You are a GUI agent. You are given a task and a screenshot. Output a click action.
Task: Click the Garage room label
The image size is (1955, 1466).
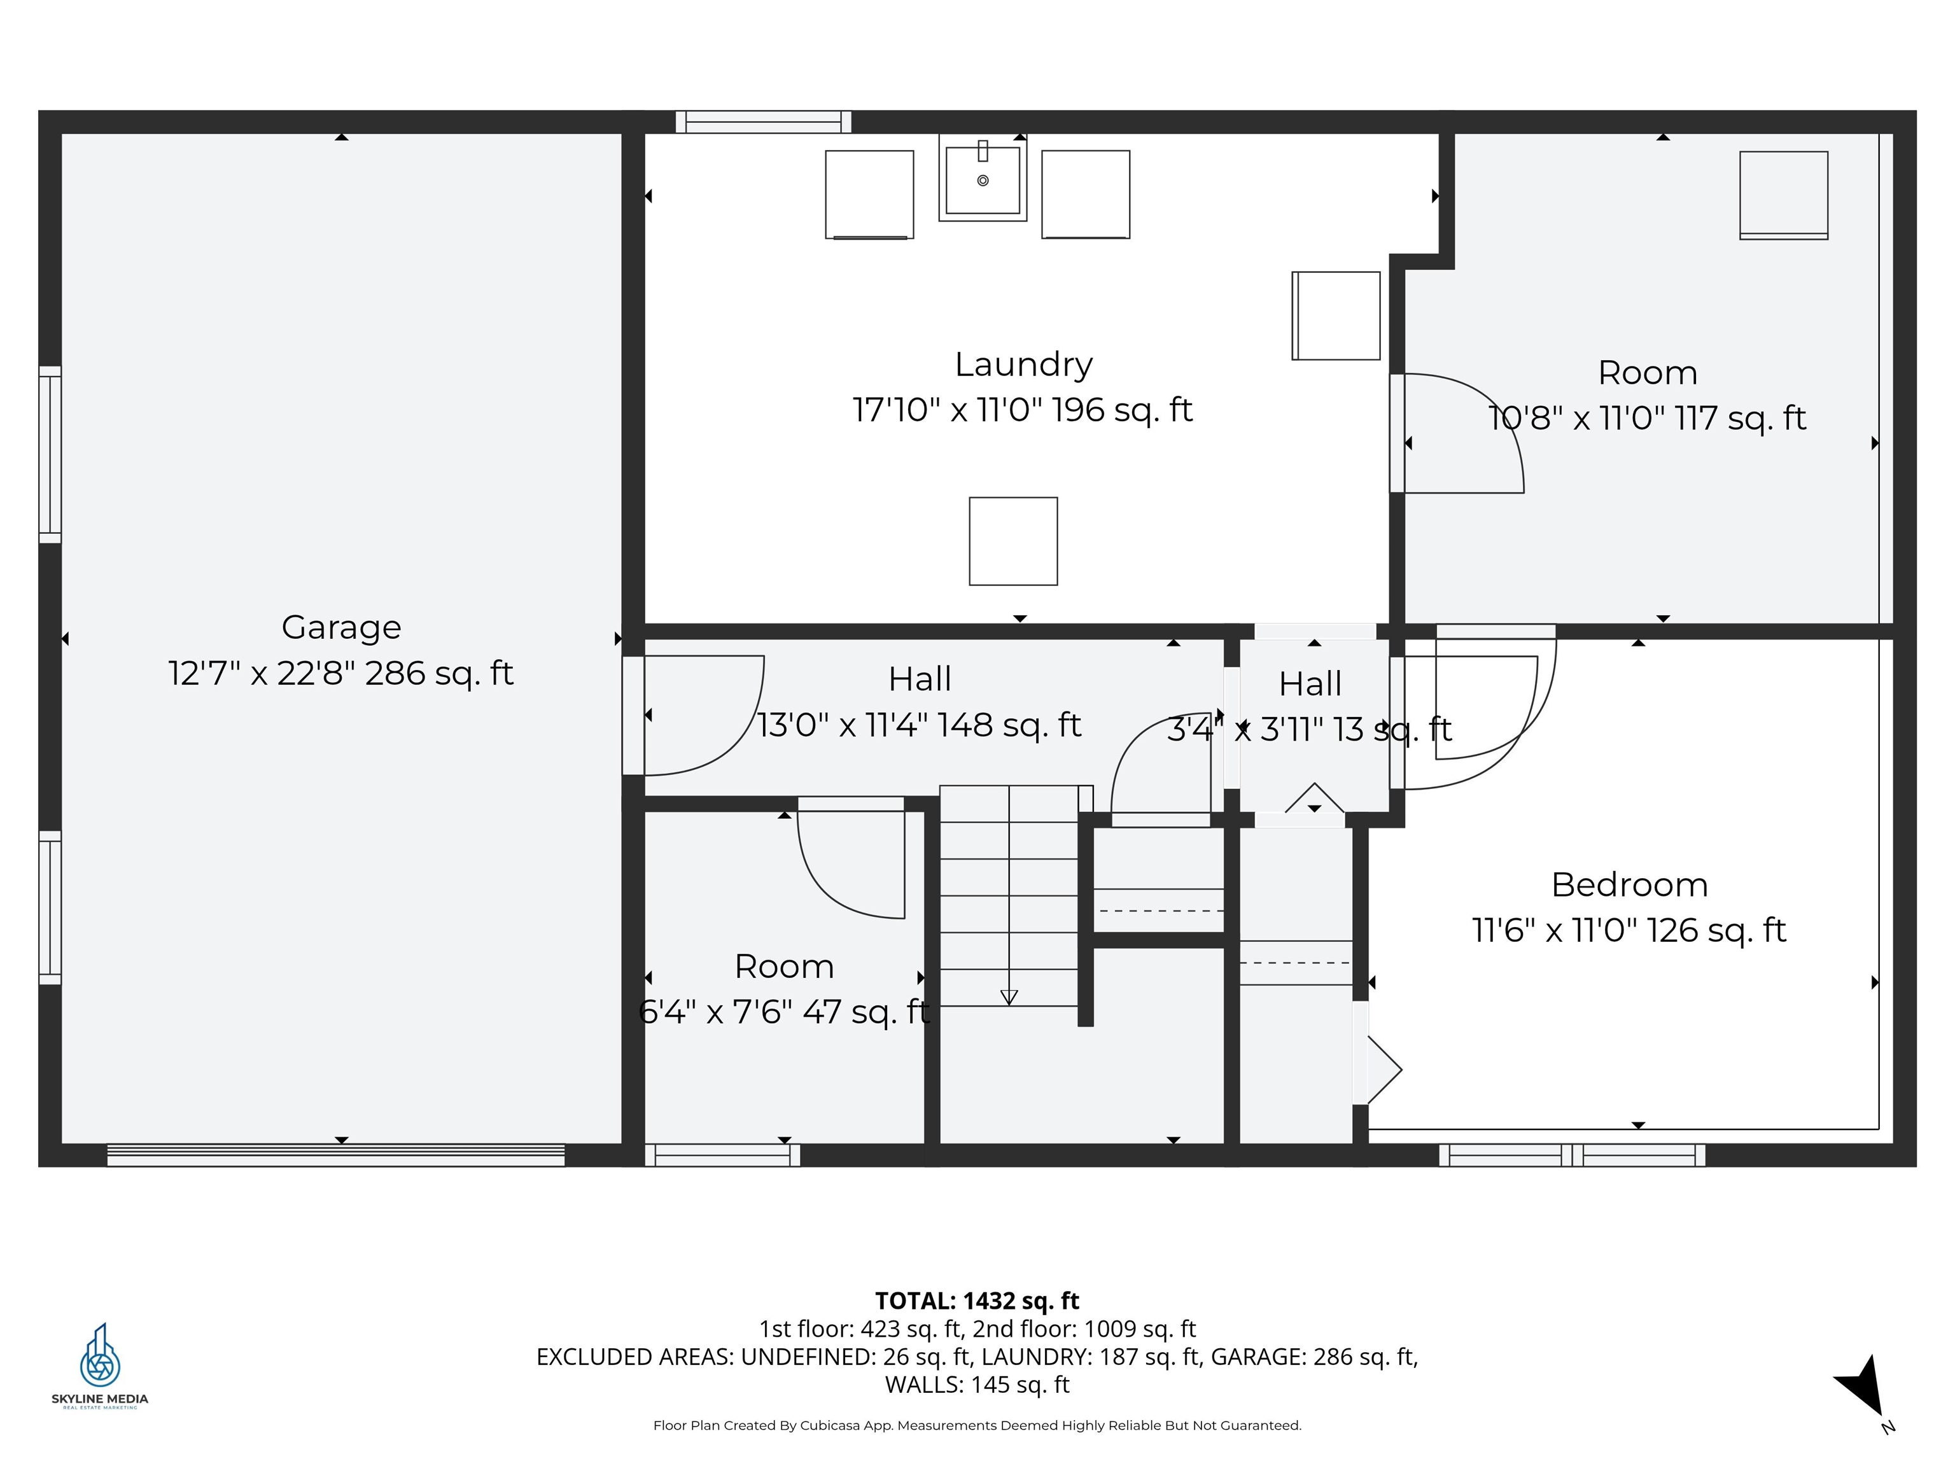coord(341,627)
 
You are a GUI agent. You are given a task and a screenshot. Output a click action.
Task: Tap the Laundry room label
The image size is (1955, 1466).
coord(1023,364)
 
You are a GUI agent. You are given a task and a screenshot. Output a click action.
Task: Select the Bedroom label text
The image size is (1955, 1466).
coord(1629,884)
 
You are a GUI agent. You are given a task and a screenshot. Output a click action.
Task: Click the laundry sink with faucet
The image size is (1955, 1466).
coord(982,180)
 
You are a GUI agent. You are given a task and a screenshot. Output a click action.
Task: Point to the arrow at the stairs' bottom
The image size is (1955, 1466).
coord(1009,997)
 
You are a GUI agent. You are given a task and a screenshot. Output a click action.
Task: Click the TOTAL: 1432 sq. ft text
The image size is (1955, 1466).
coord(977,1301)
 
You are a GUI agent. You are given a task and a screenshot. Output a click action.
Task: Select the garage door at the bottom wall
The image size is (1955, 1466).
coord(336,1155)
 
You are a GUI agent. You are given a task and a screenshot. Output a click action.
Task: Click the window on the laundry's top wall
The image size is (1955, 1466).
coord(763,122)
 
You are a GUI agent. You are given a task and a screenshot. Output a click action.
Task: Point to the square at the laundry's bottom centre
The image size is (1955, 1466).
coord(1013,541)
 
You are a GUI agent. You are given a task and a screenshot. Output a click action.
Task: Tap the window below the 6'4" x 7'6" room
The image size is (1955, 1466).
coord(722,1155)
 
